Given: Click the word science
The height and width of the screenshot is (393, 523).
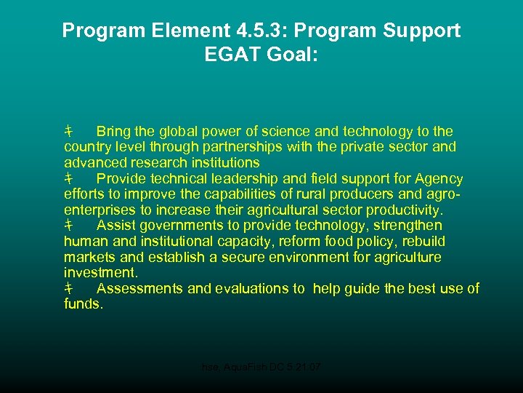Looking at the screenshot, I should pyautogui.click(x=284, y=132).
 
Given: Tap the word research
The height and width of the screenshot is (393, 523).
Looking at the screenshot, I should pyautogui.click(x=153, y=162).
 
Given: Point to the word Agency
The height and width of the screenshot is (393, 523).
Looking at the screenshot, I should pyautogui.click(x=438, y=178).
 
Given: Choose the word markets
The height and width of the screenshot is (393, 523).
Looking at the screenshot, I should pyautogui.click(x=89, y=257).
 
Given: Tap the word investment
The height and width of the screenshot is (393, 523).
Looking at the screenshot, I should pyautogui.click(x=100, y=273).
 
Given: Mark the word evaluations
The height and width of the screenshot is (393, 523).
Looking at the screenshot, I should pyautogui.click(x=253, y=288).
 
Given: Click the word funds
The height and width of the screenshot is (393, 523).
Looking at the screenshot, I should pyautogui.click(x=84, y=304).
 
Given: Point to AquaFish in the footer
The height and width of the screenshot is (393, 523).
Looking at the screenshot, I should pyautogui.click(x=248, y=368).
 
